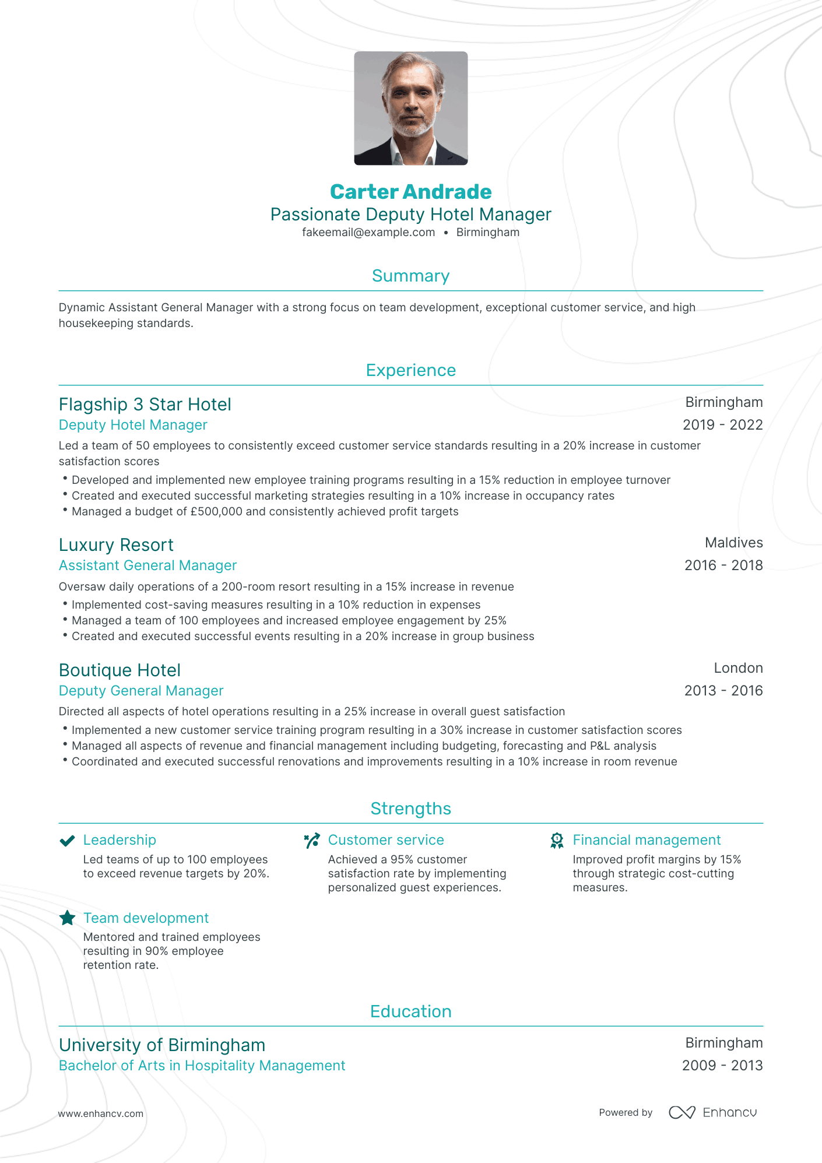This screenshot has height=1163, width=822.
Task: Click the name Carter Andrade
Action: (x=410, y=192)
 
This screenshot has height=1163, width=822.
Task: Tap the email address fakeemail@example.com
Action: (x=368, y=232)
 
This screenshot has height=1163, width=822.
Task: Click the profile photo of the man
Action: (x=410, y=108)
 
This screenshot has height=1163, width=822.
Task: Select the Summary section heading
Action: (x=410, y=276)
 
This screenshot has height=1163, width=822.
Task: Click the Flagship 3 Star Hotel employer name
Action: (x=145, y=405)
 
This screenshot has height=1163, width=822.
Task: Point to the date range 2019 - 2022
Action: (x=722, y=425)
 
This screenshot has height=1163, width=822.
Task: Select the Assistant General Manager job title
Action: (x=147, y=565)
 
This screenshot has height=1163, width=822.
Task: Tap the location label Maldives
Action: (x=733, y=543)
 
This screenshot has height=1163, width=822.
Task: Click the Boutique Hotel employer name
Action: (x=120, y=670)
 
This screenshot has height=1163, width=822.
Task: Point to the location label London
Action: (x=738, y=668)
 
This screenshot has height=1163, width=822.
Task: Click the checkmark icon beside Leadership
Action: (x=68, y=841)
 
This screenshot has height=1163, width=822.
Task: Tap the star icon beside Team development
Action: (x=68, y=918)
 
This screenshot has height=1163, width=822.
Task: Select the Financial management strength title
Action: (x=647, y=840)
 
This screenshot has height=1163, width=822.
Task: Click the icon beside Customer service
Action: (x=312, y=841)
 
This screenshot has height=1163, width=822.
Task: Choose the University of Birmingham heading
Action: (x=162, y=1045)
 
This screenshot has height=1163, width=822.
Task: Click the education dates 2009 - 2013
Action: (x=722, y=1066)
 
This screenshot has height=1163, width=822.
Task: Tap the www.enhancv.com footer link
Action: (x=100, y=1113)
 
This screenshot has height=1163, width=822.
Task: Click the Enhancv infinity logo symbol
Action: (x=682, y=1113)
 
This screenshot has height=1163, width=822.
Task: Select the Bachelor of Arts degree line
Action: (x=202, y=1066)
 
